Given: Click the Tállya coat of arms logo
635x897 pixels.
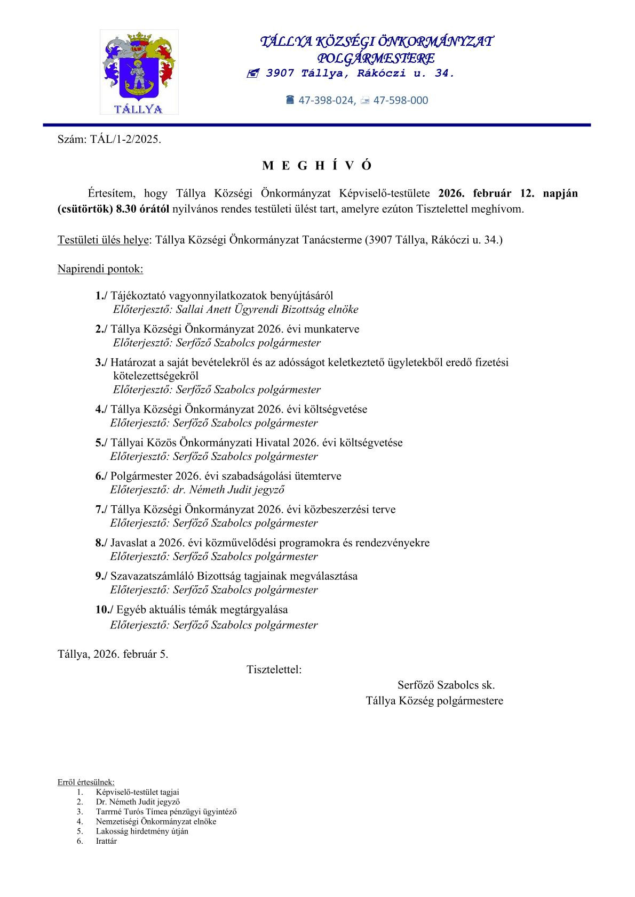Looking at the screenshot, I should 139,72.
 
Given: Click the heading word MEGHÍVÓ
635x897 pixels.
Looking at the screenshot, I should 316,166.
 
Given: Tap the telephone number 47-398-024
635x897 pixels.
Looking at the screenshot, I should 327,100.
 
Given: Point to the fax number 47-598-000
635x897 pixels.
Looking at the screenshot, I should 400,100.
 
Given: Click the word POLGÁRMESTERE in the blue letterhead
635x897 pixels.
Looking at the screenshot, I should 376,58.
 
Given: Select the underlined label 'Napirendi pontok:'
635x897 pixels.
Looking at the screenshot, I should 100,269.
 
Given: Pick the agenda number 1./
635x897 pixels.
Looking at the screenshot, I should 101,296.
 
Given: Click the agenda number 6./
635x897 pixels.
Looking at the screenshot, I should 101,476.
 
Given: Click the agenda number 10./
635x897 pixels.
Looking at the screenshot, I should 104,609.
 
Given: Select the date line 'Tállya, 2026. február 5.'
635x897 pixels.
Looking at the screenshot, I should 113,654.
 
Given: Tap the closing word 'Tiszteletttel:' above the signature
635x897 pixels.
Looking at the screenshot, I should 274,669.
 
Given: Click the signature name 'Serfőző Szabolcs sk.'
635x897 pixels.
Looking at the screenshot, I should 446,685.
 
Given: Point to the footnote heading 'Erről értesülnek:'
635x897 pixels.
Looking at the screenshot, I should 86,782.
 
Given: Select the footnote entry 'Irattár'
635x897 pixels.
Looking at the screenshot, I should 106,841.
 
